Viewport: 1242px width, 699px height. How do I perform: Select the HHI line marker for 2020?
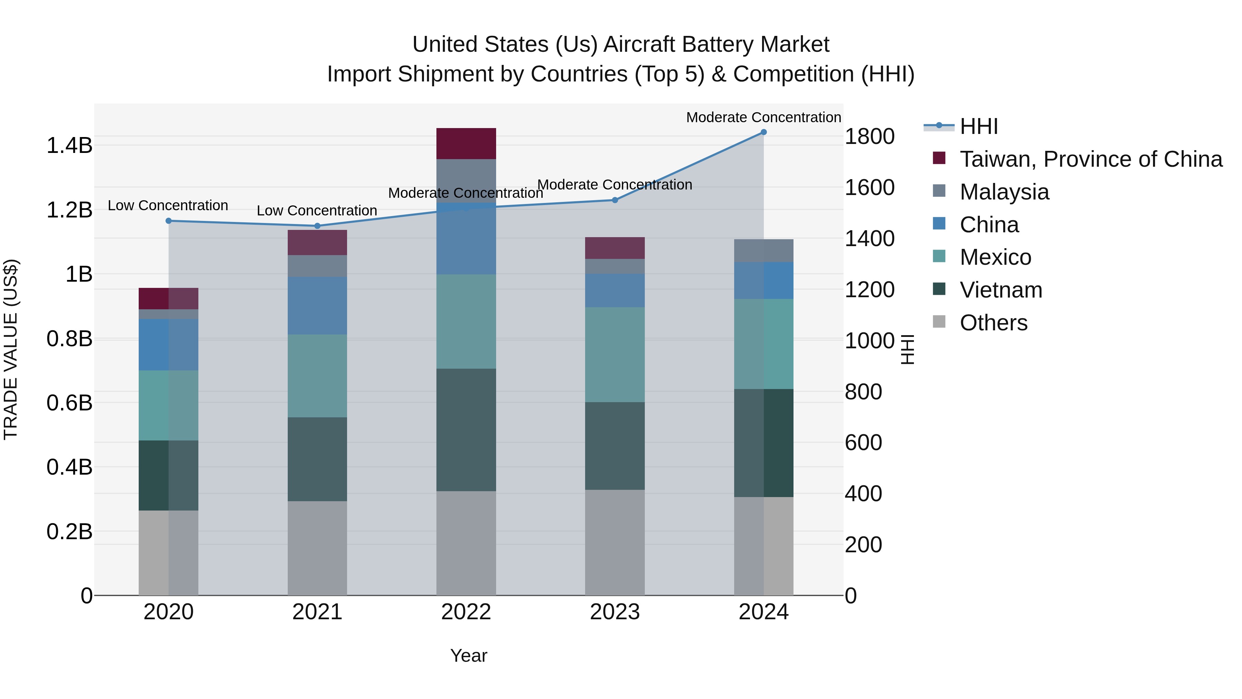168,221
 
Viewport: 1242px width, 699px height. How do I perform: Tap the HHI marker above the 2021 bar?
317,226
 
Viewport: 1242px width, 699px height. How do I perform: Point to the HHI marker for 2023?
615,200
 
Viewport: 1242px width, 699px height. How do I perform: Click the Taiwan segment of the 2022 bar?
466,143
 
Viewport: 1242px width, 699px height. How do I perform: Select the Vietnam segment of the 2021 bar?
317,459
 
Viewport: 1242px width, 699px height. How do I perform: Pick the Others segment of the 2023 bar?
615,542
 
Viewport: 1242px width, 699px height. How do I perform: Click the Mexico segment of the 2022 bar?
466,321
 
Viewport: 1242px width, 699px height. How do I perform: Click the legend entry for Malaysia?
1004,192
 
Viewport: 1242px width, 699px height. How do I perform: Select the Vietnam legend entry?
1000,290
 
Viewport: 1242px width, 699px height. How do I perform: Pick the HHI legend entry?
978,126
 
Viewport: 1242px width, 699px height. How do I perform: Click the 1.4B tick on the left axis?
69,145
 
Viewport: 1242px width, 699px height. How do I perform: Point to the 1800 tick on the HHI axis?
869,136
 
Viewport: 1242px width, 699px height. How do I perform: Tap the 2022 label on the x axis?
466,612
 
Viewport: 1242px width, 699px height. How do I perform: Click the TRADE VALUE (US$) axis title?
11,349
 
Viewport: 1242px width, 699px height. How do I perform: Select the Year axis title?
468,656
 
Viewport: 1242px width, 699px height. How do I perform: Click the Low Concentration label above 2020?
168,205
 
